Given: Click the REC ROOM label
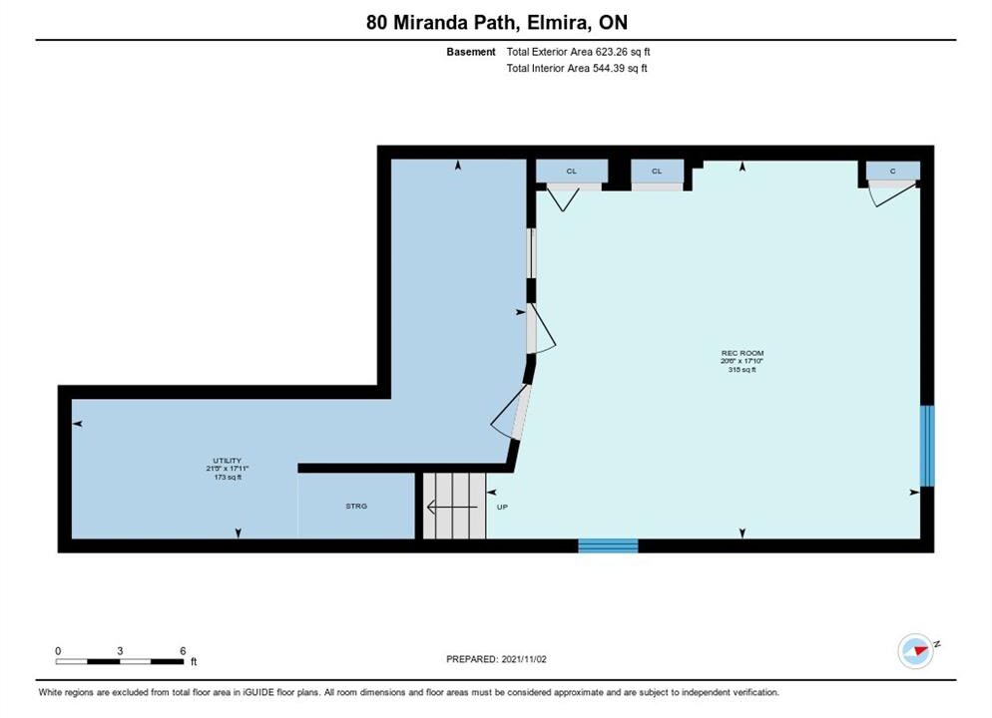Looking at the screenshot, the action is click(743, 353).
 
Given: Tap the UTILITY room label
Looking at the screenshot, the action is click(228, 461).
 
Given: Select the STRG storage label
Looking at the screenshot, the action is click(356, 507).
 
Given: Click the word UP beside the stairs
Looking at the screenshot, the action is click(502, 507).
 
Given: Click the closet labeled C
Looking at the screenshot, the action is click(892, 171).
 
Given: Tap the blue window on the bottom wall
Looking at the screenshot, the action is click(608, 545).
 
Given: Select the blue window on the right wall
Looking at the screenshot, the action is click(927, 446).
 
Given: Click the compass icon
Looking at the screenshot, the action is click(916, 651).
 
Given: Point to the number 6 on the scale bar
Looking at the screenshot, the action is click(183, 651).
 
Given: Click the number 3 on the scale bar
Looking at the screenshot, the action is click(120, 651).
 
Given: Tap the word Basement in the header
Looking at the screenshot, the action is click(471, 52).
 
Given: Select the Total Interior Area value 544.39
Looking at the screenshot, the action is click(608, 68).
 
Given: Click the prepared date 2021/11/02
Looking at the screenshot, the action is click(524, 659).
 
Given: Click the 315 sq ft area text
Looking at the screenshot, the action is click(743, 370).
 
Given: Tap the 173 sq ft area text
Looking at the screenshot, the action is click(228, 478).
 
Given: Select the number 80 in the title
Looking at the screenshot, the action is click(376, 23).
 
